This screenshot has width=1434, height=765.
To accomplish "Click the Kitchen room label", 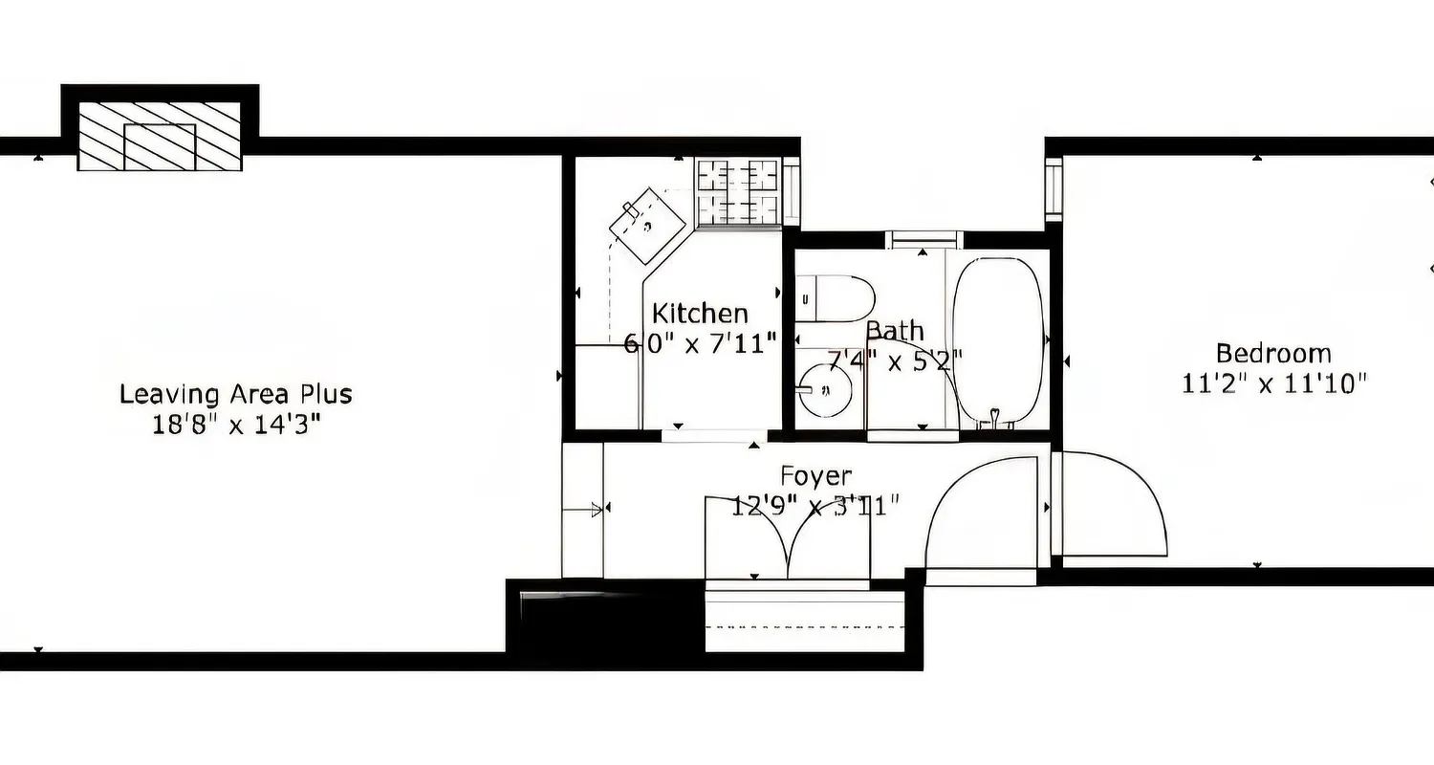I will pyautogui.click(x=700, y=314).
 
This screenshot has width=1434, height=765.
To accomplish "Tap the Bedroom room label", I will pyautogui.click(x=1273, y=353).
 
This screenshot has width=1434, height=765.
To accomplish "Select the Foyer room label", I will pyautogui.click(x=815, y=475).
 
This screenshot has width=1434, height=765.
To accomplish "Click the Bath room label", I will pyautogui.click(x=895, y=331).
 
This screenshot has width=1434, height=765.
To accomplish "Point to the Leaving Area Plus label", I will pyautogui.click(x=235, y=394).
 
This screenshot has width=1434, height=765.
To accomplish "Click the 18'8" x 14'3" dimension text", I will pyautogui.click(x=235, y=425).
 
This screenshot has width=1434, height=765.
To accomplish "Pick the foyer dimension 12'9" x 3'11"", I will pyautogui.click(x=815, y=506).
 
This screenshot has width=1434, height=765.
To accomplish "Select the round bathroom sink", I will pyautogui.click(x=825, y=389).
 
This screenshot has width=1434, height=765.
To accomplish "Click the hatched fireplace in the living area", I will pyautogui.click(x=160, y=137).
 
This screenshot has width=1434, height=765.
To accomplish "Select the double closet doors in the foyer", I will pyautogui.click(x=788, y=541).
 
